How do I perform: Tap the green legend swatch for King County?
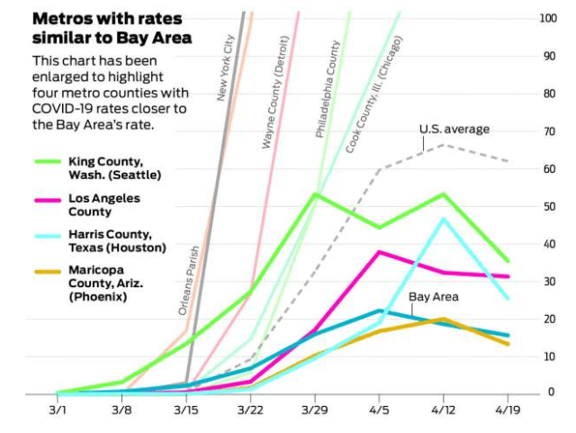point(47,161)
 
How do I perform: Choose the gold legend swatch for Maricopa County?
point(47,270)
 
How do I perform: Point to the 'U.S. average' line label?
point(454,129)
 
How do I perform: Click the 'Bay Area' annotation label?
point(434,296)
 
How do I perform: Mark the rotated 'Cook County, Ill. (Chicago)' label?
point(374,94)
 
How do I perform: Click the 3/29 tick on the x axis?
point(315,410)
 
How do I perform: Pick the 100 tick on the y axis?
point(547,18)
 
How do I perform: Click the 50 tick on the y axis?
point(547,206)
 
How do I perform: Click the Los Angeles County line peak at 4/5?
point(380,252)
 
